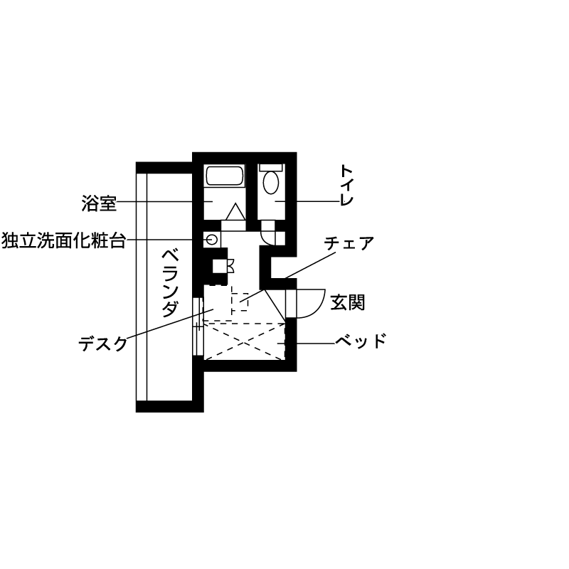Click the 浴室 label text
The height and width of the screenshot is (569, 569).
click(x=99, y=203)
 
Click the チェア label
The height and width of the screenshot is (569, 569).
click(x=349, y=244)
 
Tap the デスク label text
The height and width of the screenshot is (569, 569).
click(x=103, y=344)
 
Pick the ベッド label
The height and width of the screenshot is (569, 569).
click(x=361, y=341)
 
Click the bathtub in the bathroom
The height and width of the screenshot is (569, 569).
click(x=225, y=176)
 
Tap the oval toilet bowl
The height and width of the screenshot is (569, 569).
click(x=271, y=183)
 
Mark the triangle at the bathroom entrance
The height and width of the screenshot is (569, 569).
click(x=235, y=212)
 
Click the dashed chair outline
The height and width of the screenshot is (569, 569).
click(x=240, y=302)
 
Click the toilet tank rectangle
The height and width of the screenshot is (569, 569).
click(x=271, y=166)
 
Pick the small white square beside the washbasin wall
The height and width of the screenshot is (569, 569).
click(x=280, y=238)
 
